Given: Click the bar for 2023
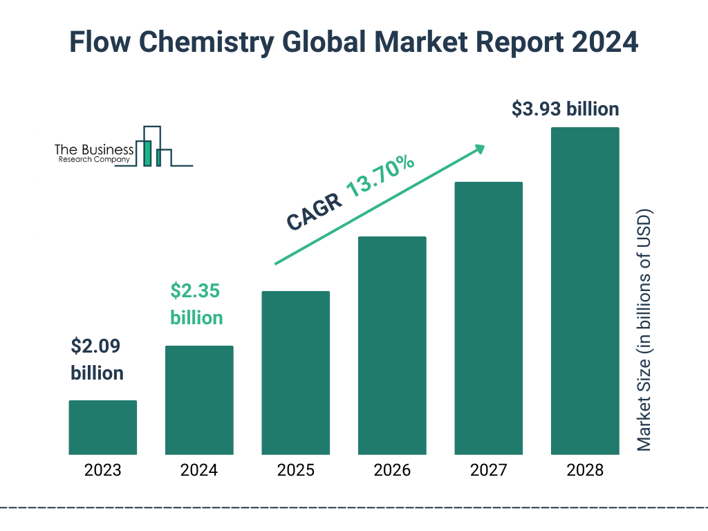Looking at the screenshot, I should (x=102, y=427).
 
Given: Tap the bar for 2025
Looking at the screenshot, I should (x=295, y=373).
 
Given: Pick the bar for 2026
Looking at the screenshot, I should (x=392, y=345).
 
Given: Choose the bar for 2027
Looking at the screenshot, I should (x=488, y=318).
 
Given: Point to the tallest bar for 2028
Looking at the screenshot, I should (x=585, y=290).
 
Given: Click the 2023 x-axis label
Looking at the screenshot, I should (x=102, y=471).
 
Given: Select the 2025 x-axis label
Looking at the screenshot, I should (x=295, y=471).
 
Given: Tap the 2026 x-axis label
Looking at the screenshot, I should (x=392, y=471).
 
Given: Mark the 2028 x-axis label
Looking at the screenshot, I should (x=585, y=471).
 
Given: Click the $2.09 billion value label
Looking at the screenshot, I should (x=97, y=360).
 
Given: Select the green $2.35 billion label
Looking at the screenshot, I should (x=196, y=304).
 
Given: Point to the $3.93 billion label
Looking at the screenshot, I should (x=565, y=109).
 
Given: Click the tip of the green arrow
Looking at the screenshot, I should (x=483, y=147).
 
